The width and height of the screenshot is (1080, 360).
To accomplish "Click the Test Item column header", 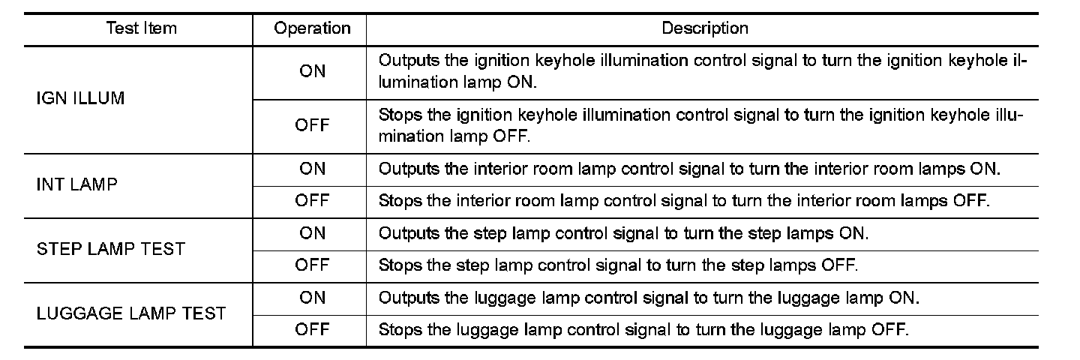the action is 142,28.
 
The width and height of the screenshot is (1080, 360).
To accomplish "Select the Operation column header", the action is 312,28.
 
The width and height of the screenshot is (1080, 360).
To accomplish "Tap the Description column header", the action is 704,28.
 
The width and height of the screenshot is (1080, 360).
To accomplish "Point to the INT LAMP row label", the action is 76,184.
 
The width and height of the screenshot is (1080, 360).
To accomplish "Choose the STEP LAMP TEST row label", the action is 110,249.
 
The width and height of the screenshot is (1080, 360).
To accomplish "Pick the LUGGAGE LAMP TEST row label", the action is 131,313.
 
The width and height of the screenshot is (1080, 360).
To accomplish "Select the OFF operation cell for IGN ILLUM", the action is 312,125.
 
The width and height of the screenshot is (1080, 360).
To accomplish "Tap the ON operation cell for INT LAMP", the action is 312,169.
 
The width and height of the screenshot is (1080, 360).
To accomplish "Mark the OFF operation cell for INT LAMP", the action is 312,200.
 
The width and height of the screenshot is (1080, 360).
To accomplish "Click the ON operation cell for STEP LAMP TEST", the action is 312,233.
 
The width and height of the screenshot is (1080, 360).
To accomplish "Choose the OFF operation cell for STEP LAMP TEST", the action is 312,265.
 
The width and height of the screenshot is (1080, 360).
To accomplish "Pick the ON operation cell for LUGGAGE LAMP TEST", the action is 312,298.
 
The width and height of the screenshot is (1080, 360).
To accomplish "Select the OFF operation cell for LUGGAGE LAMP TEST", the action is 312,329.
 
